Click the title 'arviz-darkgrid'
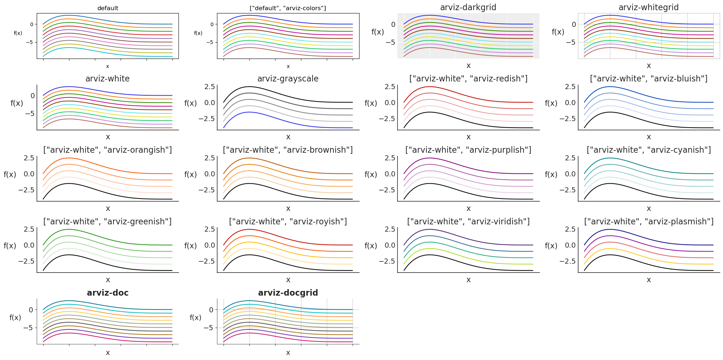click(x=468, y=7)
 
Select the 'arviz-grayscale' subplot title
click(x=288, y=79)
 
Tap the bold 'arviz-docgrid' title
click(x=288, y=293)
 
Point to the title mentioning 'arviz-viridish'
click(x=468, y=221)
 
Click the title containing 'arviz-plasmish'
click(x=648, y=221)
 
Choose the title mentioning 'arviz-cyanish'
click(x=648, y=150)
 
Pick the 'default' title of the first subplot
click(x=108, y=8)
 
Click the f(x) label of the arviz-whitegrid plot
click(x=558, y=32)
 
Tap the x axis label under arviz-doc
click(x=108, y=353)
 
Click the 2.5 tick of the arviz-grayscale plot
click(x=210, y=87)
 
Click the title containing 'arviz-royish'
click(x=288, y=221)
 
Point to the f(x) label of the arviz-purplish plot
click(x=370, y=175)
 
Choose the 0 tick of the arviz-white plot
click(x=33, y=96)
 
